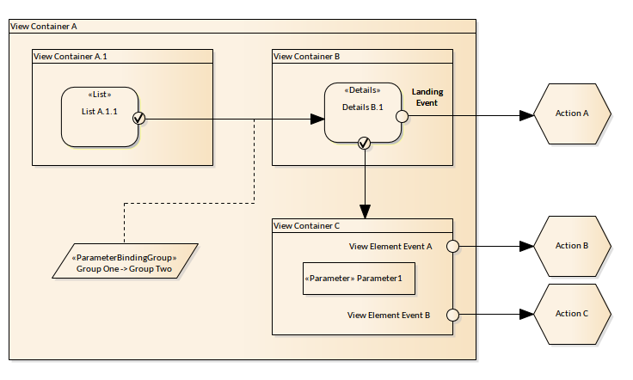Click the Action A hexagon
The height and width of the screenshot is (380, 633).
pos(573,113)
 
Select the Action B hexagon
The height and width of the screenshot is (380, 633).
pos(573,246)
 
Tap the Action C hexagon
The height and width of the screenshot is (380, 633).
pos(573,314)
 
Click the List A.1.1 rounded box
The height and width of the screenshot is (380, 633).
pos(100,116)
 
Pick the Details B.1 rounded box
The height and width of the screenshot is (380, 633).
pos(362,112)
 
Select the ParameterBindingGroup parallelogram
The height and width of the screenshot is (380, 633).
pos(126,260)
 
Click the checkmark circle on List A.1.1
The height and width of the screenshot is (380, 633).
pos(138,119)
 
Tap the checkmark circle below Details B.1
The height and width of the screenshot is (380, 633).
pos(364,143)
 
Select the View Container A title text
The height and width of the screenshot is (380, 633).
pos(44,27)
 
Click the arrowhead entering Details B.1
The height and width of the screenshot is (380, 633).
pos(316,119)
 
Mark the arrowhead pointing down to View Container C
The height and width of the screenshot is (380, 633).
pos(365,211)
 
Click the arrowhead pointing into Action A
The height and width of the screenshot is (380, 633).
pos(525,114)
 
